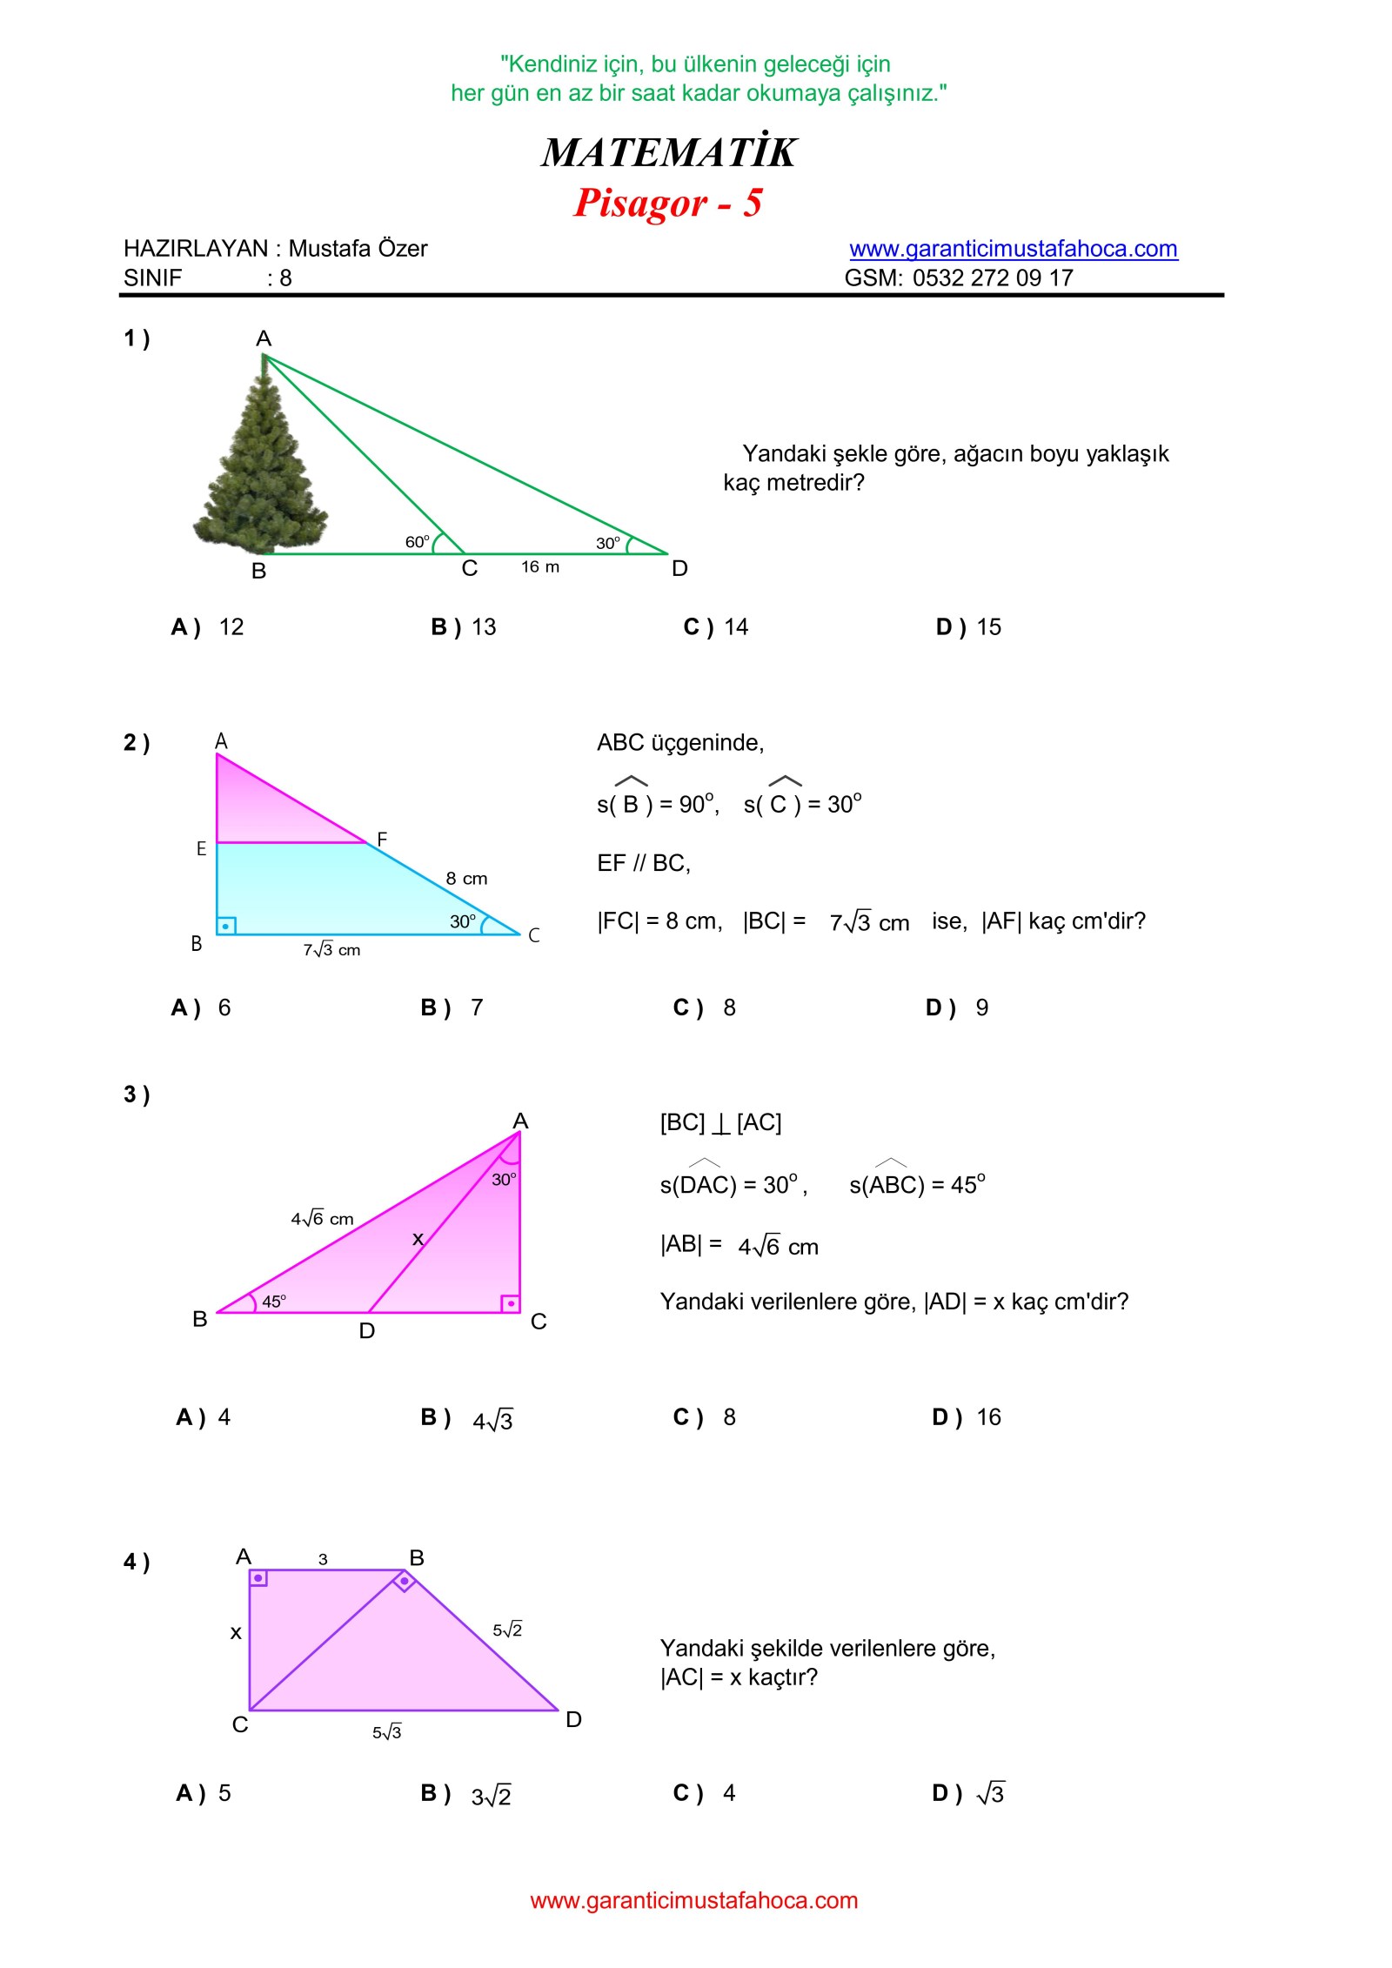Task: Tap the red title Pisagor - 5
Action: tap(667, 203)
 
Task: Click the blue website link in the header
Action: tap(1013, 249)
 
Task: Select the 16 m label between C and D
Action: tap(540, 567)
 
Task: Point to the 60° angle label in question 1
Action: tap(418, 542)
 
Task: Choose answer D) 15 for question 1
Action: tap(968, 627)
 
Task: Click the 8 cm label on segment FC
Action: tap(466, 879)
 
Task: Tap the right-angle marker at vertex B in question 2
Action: tap(226, 926)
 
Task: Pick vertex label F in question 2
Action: tap(382, 840)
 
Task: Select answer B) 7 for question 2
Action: tap(452, 1007)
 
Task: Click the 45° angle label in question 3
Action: tap(274, 1302)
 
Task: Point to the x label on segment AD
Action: tap(418, 1239)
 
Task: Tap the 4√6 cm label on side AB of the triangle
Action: tap(322, 1219)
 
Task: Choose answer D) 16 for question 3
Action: tap(967, 1417)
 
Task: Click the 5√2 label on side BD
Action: tap(507, 1630)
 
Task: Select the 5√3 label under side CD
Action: tap(387, 1732)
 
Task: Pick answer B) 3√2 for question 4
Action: tap(466, 1794)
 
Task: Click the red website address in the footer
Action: tap(694, 1900)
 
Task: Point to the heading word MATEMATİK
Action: tap(668, 153)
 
